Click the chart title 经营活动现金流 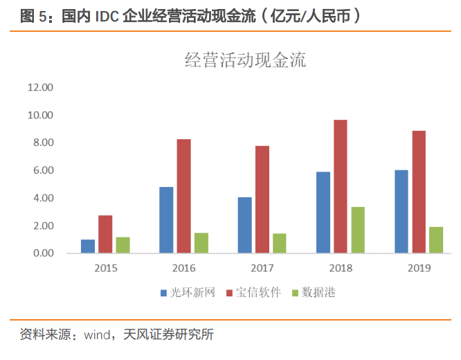click(x=245, y=60)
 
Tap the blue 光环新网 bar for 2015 click(x=88, y=246)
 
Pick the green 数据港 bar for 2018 click(x=358, y=230)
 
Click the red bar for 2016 click(x=183, y=196)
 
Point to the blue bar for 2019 click(x=401, y=211)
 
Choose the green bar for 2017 click(x=279, y=243)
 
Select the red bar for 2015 click(x=105, y=234)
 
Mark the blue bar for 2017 click(x=244, y=225)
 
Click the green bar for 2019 click(x=436, y=240)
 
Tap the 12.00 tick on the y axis click(x=40, y=87)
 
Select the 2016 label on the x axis click(x=183, y=268)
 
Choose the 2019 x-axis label click(x=419, y=268)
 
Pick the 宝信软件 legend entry click(x=260, y=293)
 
